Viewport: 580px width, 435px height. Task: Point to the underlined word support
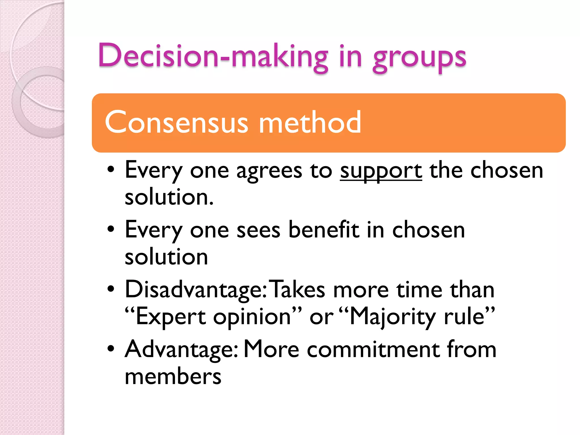[381, 171]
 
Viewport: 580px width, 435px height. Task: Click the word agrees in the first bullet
[269, 171]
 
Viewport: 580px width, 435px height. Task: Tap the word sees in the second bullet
[258, 230]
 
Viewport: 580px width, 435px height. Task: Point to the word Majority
[393, 317]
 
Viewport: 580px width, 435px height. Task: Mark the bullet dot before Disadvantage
[111, 289]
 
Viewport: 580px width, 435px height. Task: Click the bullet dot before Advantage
[111, 349]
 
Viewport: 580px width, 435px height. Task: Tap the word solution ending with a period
[169, 197]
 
